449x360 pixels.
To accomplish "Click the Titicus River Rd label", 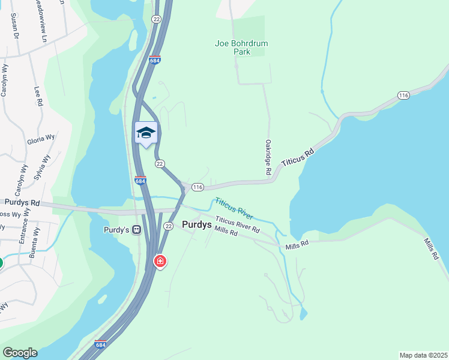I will [x=238, y=225].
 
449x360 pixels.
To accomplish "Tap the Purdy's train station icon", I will [x=137, y=229].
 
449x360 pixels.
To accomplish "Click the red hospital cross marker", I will [x=160, y=261].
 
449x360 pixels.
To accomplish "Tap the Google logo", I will [x=20, y=353].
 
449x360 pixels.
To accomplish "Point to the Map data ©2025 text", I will [x=423, y=355].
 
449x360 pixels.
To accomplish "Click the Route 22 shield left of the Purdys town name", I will [x=169, y=226].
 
